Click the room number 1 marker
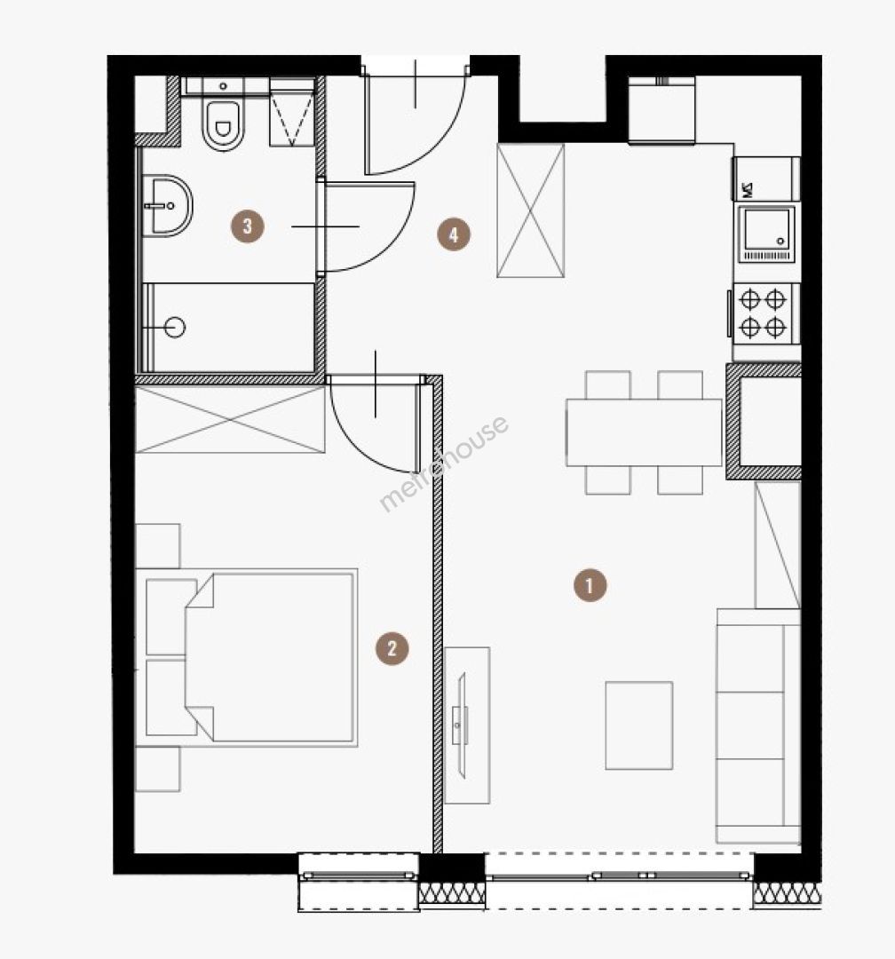point(590,586)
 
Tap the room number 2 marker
point(392,648)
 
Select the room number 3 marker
point(247,226)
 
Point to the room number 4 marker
point(454,234)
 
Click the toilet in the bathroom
point(223,125)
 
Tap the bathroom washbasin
point(167,205)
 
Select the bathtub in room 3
point(229,327)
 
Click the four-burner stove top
point(763,313)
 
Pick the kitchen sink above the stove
point(767,234)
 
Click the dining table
point(644,432)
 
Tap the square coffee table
point(638,725)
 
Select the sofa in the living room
point(758,726)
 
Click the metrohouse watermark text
point(444,463)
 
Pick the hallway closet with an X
point(530,211)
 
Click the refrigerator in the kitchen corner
point(662,111)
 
